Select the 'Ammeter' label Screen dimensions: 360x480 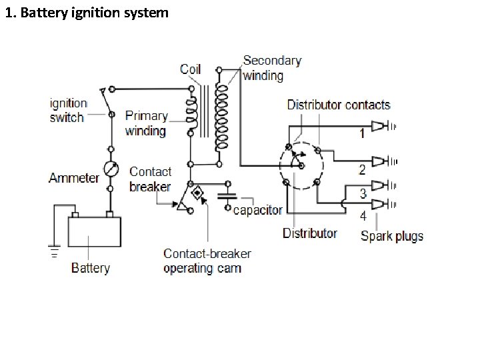click(x=73, y=178)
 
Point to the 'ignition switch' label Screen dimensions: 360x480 click(x=68, y=111)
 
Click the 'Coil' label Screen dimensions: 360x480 click(x=190, y=69)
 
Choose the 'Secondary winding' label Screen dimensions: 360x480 click(x=271, y=68)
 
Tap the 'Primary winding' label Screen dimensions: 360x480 click(x=145, y=123)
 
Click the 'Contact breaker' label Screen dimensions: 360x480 click(x=150, y=179)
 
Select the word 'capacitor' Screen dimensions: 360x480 click(x=257, y=210)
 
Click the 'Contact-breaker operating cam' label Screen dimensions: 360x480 click(x=207, y=261)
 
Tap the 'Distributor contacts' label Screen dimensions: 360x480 click(x=338, y=105)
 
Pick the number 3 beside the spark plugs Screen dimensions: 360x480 click(x=363, y=193)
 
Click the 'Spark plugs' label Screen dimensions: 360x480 click(x=391, y=235)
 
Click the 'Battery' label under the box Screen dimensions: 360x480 click(x=90, y=268)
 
